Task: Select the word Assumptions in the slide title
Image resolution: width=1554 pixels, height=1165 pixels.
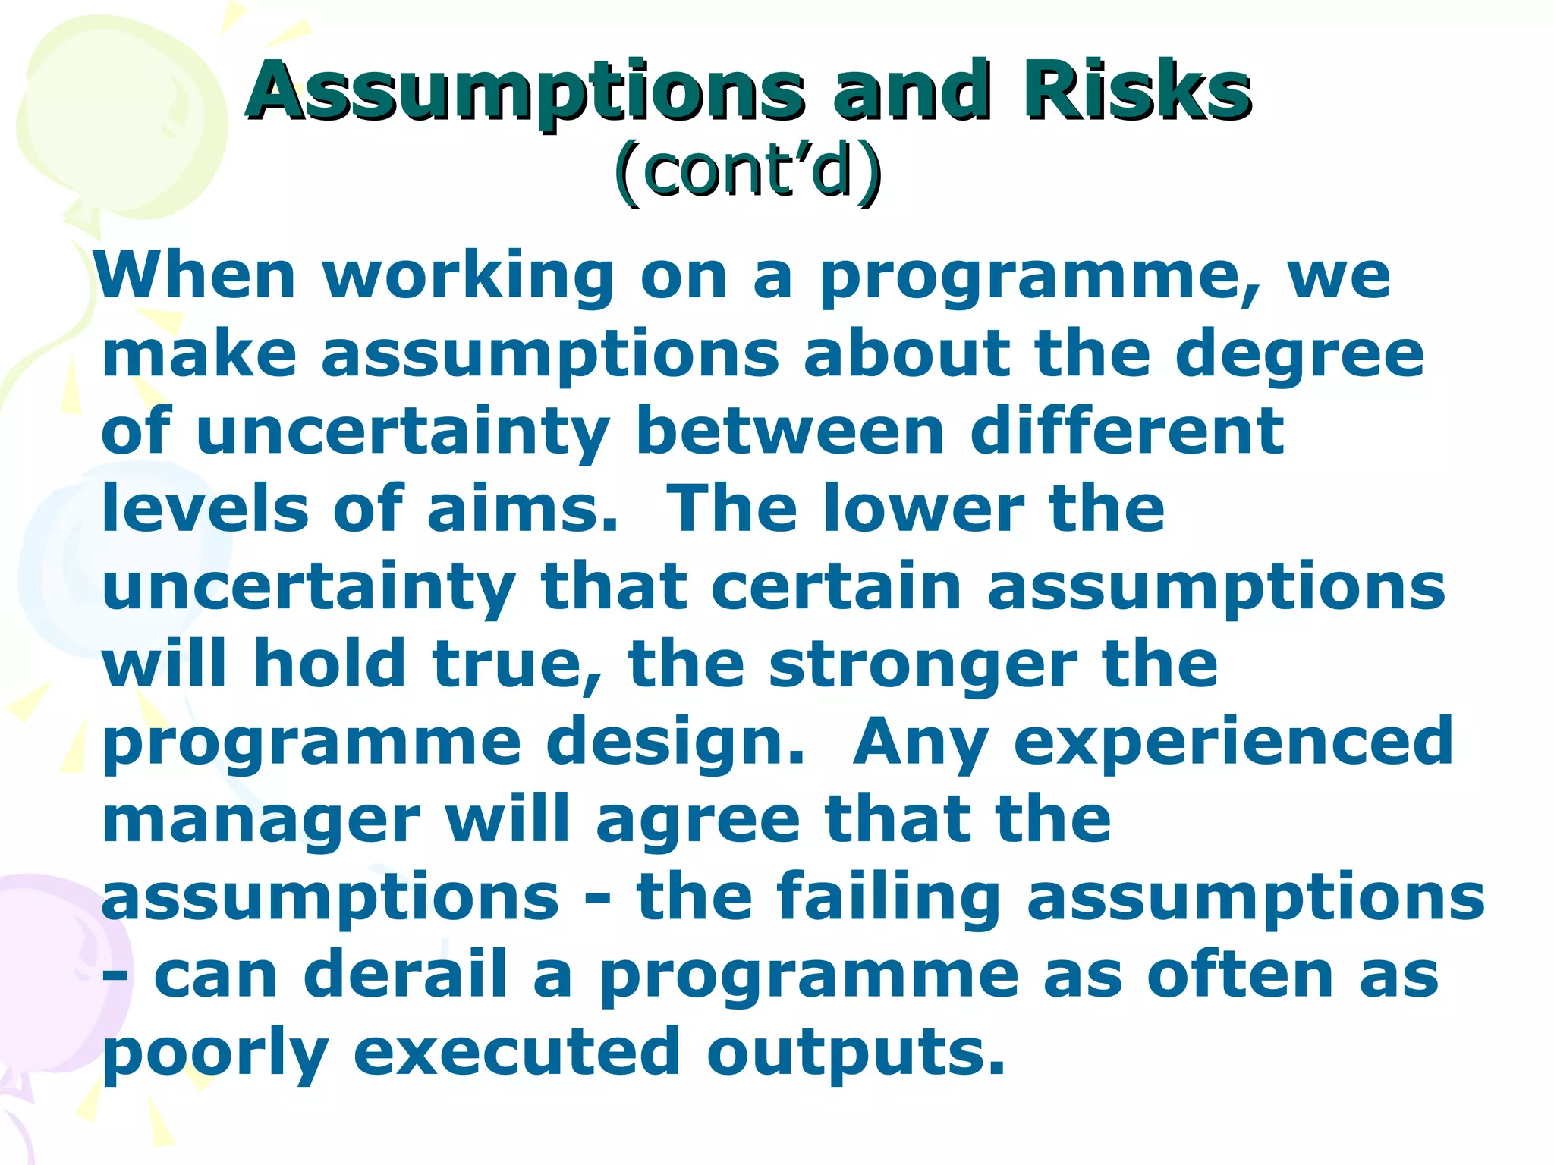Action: [524, 93]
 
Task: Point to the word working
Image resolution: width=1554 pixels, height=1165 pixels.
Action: [469, 276]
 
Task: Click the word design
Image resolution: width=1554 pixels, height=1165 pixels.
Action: [674, 743]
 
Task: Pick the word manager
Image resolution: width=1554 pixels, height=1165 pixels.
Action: [261, 821]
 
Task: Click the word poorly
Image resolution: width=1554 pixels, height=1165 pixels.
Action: [215, 1054]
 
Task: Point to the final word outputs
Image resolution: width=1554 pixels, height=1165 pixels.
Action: [855, 1054]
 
